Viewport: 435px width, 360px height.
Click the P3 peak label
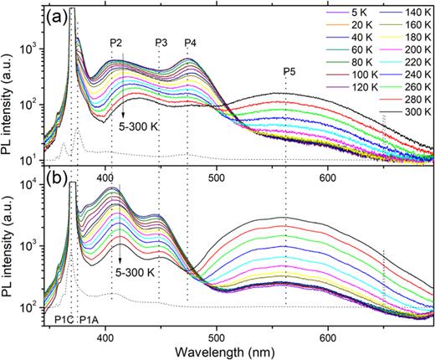point(161,43)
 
